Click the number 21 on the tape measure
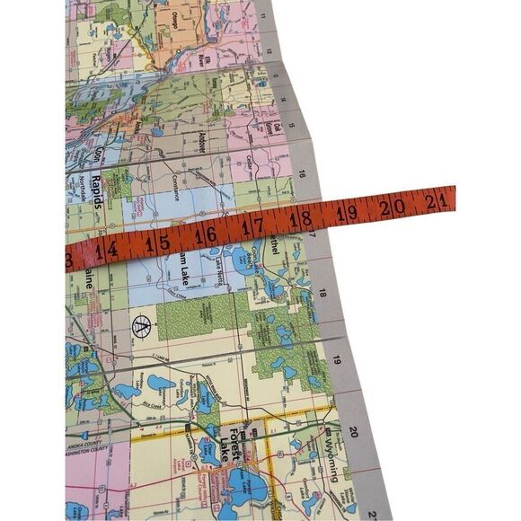tap(437, 200)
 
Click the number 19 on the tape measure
tap(348, 211)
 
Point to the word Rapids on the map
tap(93, 193)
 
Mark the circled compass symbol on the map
tap(141, 326)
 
